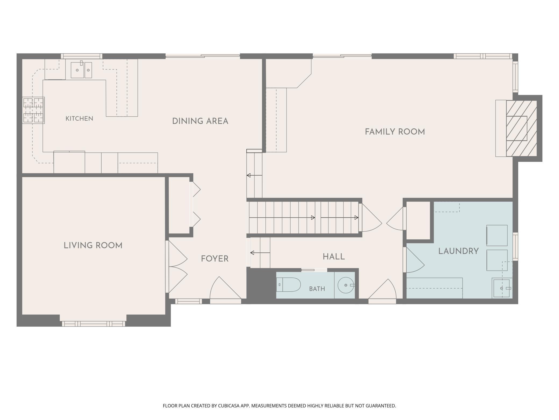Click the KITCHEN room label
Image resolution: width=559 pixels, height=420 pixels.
coord(79,118)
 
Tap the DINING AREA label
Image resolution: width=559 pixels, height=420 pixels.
coord(200,121)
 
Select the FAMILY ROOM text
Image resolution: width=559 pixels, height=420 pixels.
coord(395,132)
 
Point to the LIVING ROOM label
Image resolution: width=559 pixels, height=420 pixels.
coord(93,246)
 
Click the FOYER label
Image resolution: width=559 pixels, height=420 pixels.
coord(215,259)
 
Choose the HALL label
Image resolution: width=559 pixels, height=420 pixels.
coord(334,257)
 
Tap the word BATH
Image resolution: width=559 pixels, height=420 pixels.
coord(317,289)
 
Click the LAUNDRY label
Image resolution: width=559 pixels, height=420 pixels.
coord(458,251)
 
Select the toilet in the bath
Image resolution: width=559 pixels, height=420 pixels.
coord(288,285)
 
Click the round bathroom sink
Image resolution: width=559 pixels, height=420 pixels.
coord(346,285)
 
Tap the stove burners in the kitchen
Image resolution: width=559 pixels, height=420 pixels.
coord(33,110)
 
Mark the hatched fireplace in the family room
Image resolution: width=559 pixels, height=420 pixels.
coord(521,128)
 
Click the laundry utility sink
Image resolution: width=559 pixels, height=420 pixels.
coord(501,288)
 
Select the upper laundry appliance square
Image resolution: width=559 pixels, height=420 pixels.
coord(497,236)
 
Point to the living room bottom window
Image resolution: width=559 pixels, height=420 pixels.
coord(94,324)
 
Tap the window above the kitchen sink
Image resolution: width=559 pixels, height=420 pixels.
coord(81,56)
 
